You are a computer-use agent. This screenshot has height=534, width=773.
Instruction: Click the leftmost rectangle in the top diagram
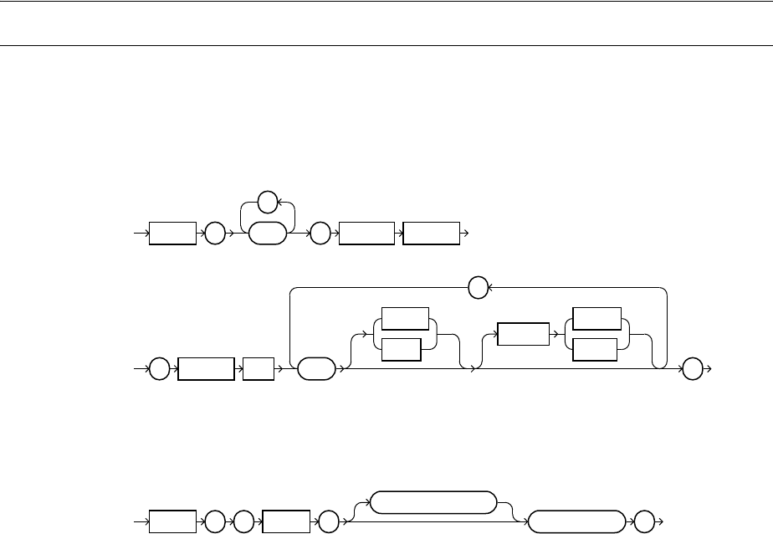pyautogui.click(x=173, y=234)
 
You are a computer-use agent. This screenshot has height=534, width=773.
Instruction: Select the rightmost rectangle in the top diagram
pyautogui.click(x=431, y=234)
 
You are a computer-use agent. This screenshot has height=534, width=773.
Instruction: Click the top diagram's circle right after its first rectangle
pyautogui.click(x=214, y=234)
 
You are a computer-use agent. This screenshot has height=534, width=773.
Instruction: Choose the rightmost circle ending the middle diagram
pyautogui.click(x=694, y=369)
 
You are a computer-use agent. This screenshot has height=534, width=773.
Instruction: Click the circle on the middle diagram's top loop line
pyautogui.click(x=478, y=289)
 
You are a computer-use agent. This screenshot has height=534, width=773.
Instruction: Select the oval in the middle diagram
pyautogui.click(x=315, y=369)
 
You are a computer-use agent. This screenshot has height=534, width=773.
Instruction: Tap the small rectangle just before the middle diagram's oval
pyautogui.click(x=258, y=369)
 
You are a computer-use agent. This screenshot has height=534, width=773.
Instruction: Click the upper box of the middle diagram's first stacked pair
pyautogui.click(x=404, y=320)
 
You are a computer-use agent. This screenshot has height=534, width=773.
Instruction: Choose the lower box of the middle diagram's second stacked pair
pyautogui.click(x=593, y=350)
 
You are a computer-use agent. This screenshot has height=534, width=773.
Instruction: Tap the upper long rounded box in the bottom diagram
pyautogui.click(x=432, y=501)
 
